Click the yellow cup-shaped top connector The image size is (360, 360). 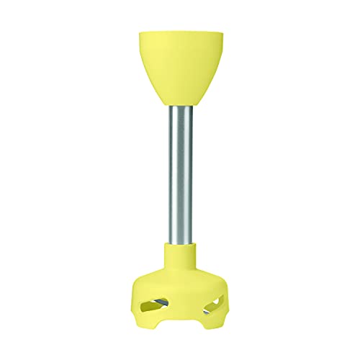tap(180, 68)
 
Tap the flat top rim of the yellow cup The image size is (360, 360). tap(180, 32)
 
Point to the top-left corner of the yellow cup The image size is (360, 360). tap(136, 32)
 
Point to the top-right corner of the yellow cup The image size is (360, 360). tap(224, 32)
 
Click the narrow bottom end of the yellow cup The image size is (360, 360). tap(180, 107)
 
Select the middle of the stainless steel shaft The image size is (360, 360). tap(180, 176)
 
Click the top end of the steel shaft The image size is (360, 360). tap(180, 112)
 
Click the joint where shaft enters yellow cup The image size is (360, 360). tap(180, 109)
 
